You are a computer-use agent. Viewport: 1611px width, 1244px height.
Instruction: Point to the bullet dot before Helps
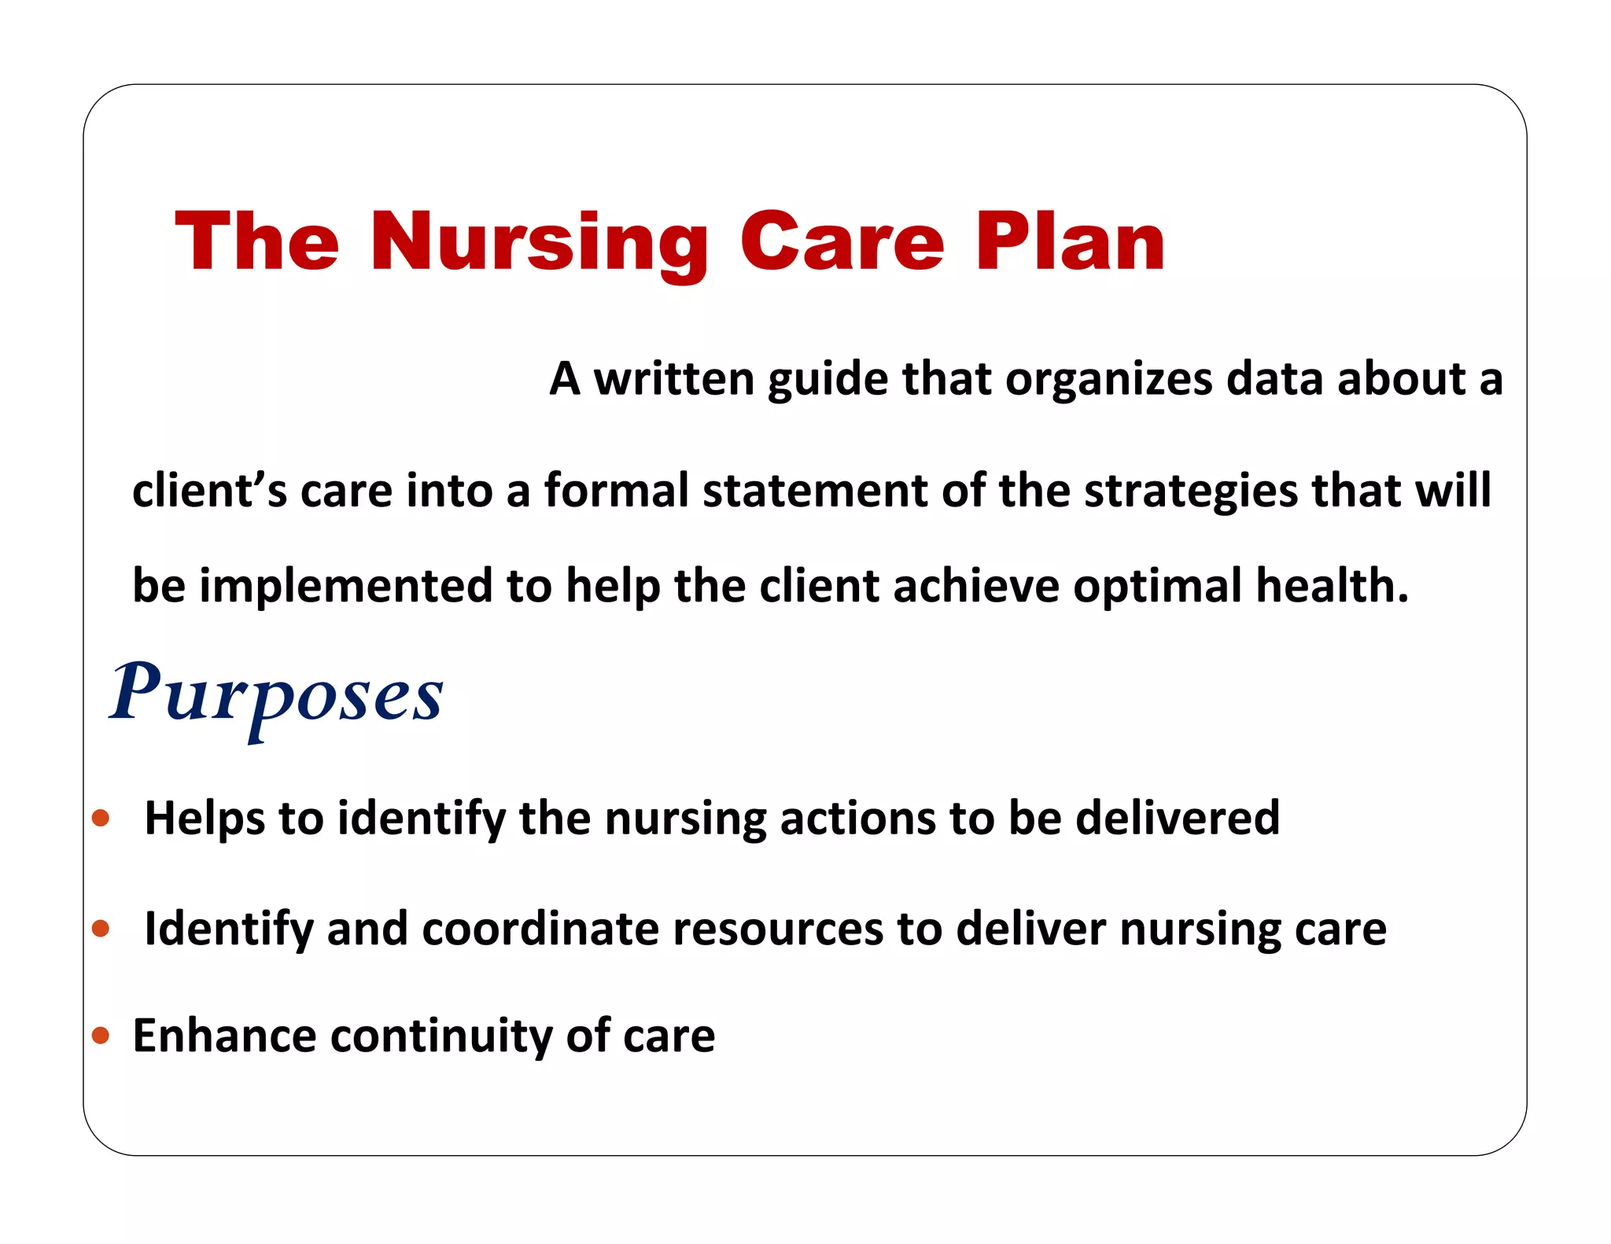click(101, 819)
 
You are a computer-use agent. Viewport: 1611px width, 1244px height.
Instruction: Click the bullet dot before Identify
click(101, 929)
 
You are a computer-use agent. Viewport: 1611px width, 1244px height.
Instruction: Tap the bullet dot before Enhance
click(101, 1035)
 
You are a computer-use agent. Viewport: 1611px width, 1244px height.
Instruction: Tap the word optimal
click(1158, 587)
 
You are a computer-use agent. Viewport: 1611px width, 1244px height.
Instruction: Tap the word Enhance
click(223, 1035)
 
